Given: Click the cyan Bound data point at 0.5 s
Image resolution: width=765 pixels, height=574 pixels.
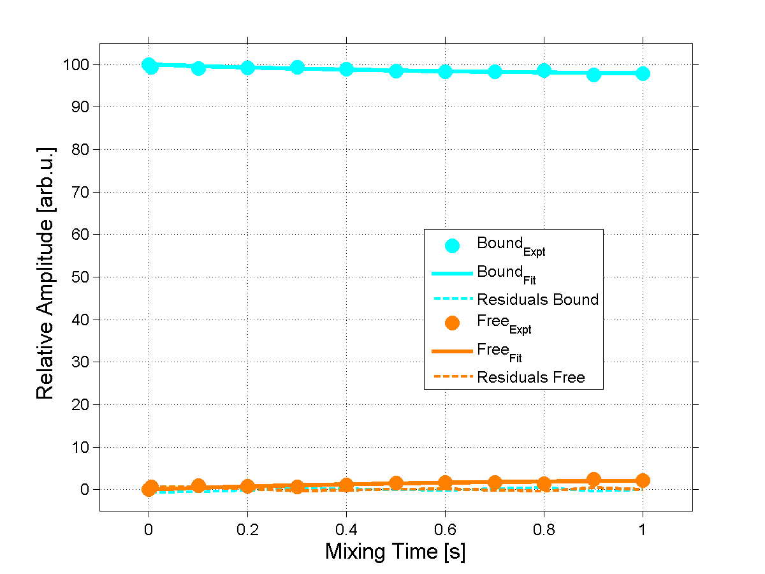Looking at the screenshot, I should point(396,71).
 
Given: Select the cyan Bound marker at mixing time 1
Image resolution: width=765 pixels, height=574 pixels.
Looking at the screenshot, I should point(643,73).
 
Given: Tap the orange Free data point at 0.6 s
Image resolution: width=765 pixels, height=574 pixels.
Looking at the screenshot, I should point(445,483).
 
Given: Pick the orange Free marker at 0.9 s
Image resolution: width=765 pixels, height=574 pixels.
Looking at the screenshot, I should point(594,480).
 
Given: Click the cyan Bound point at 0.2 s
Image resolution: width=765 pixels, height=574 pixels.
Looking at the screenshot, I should point(247,68).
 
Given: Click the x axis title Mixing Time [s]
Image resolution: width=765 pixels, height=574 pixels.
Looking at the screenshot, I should point(395,552).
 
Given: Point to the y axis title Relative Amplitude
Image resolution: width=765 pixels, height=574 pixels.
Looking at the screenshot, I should point(45,272).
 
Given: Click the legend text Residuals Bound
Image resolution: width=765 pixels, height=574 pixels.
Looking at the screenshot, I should point(538,299).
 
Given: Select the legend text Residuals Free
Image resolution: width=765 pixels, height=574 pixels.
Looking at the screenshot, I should point(531,378).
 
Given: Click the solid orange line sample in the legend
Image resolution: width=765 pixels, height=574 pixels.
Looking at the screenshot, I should point(452,351).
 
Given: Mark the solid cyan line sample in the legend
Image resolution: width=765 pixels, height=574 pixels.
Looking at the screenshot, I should point(452,272).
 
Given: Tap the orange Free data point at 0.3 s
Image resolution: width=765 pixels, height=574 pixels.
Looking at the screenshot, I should point(297,487).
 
